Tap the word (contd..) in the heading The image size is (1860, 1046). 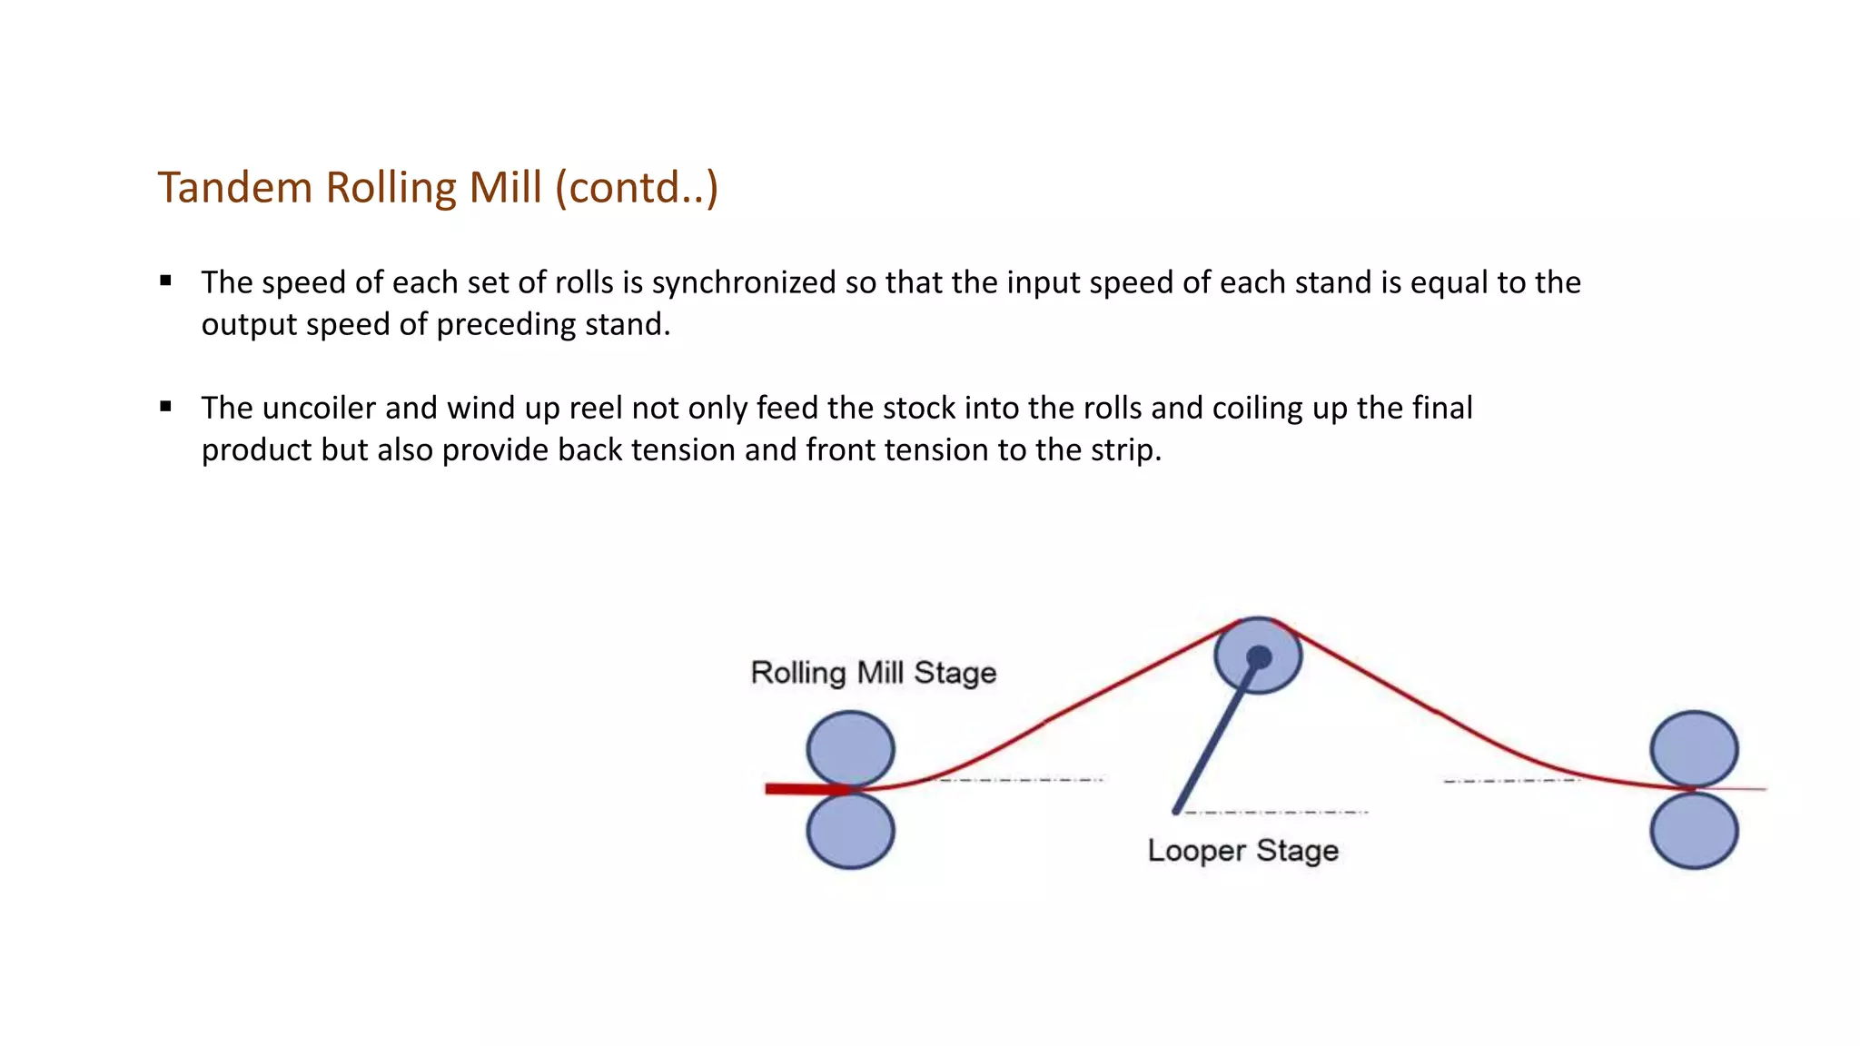(637, 188)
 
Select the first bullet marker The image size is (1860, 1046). (165, 281)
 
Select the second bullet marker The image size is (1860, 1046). (165, 407)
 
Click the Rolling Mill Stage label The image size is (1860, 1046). (873, 673)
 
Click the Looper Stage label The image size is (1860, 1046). (1242, 851)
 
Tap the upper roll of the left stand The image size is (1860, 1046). (850, 748)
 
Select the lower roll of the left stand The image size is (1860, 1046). (850, 830)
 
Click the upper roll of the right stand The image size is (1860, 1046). (1694, 748)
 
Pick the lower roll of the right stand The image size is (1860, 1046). (1694, 830)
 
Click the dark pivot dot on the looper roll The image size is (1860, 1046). (1259, 656)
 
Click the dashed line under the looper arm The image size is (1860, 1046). (1276, 812)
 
